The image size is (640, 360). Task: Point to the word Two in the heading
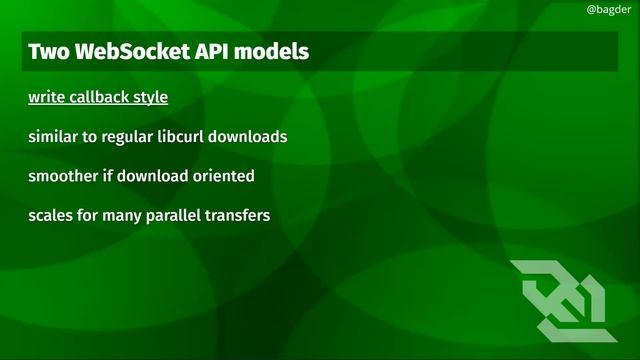[46, 51]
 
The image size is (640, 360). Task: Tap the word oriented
[224, 176]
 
